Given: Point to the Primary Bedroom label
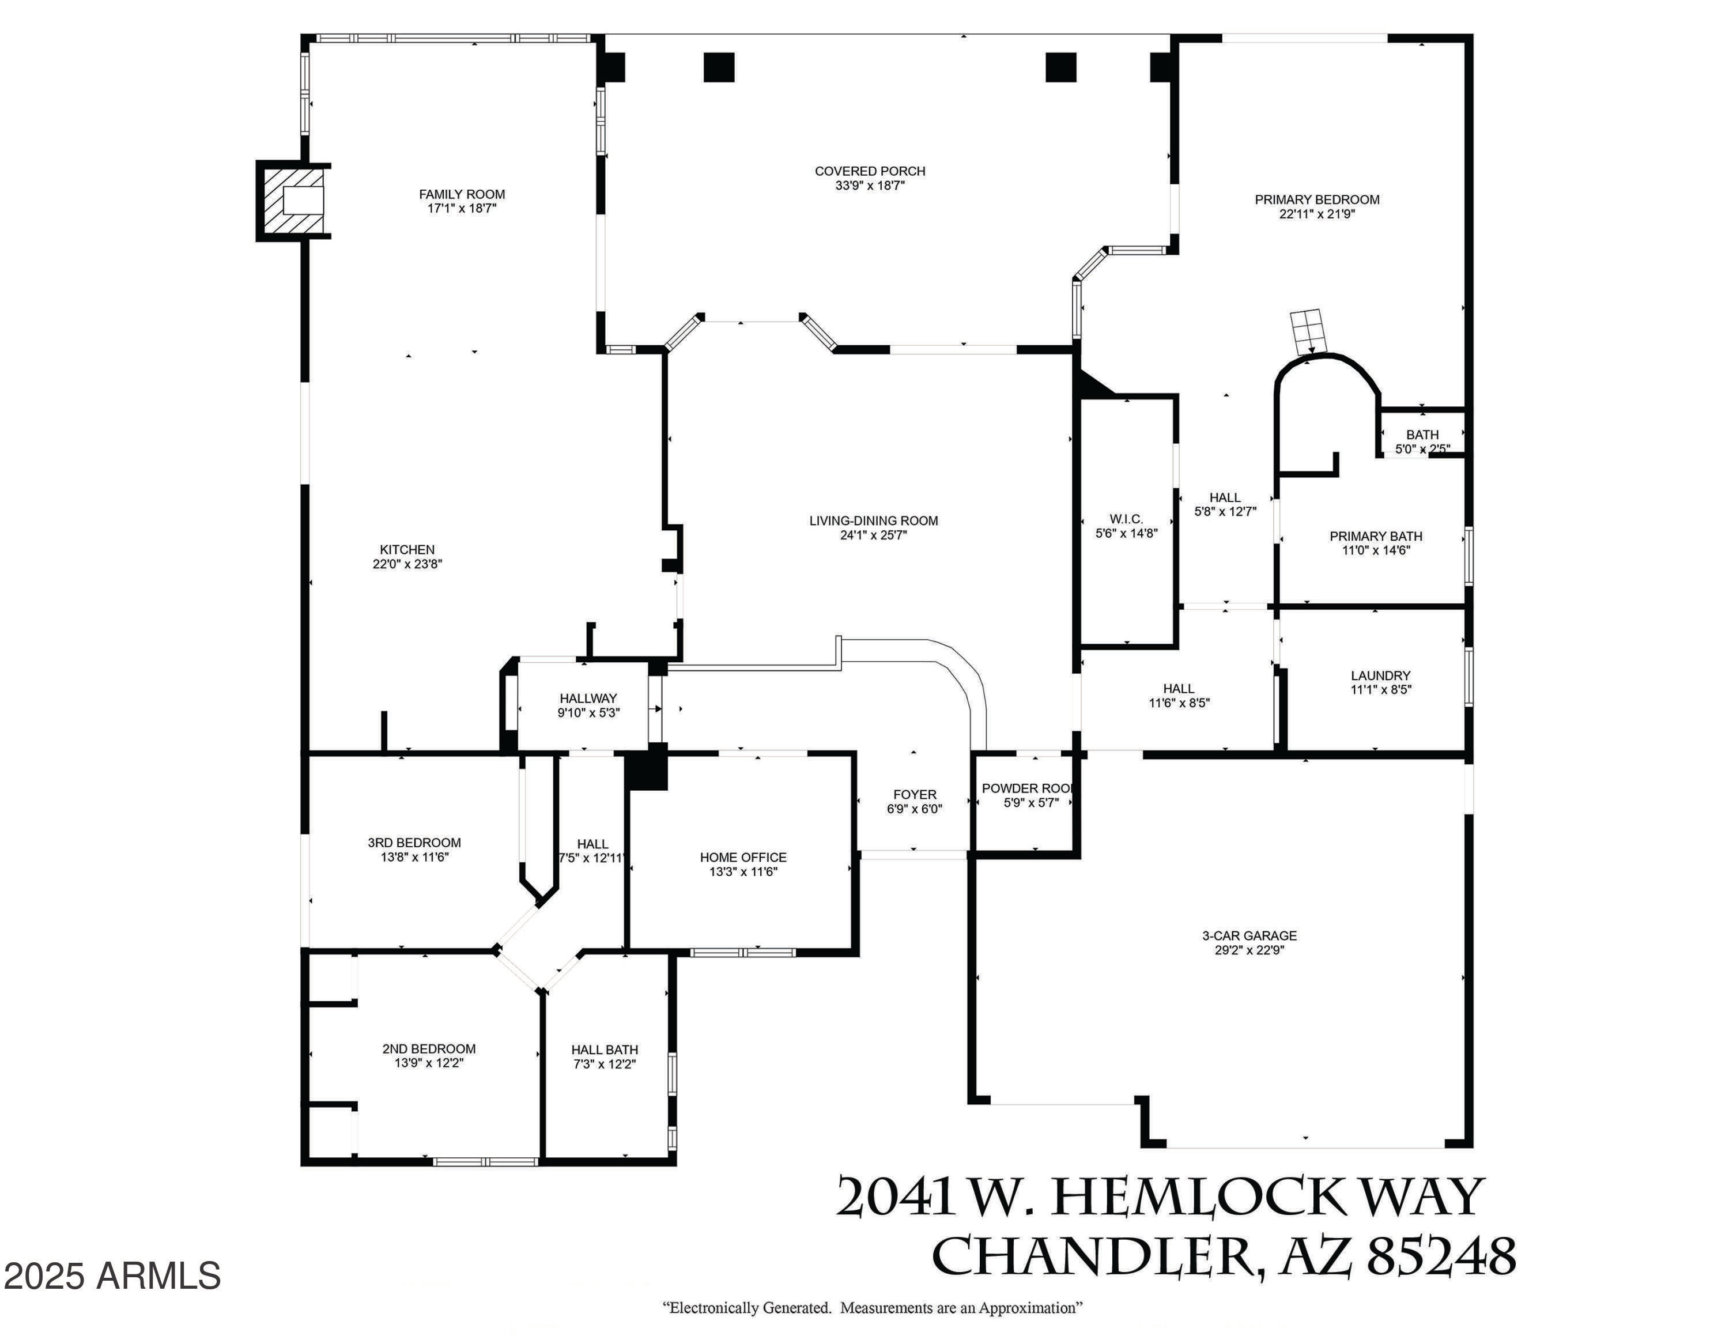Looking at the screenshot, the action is (1317, 199).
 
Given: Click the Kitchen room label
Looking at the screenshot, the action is (407, 549).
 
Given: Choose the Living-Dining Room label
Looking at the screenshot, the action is (873, 521).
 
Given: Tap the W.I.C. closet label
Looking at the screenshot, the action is (1127, 519).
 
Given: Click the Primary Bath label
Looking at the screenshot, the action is (1376, 537).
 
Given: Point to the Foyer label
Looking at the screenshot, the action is (915, 795).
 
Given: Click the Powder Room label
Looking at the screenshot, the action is (1028, 788).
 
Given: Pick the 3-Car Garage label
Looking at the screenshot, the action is (1249, 935).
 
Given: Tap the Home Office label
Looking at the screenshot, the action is (743, 857).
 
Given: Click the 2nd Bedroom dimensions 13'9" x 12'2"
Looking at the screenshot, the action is (429, 1063).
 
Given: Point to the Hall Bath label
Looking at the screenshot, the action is (605, 1050).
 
